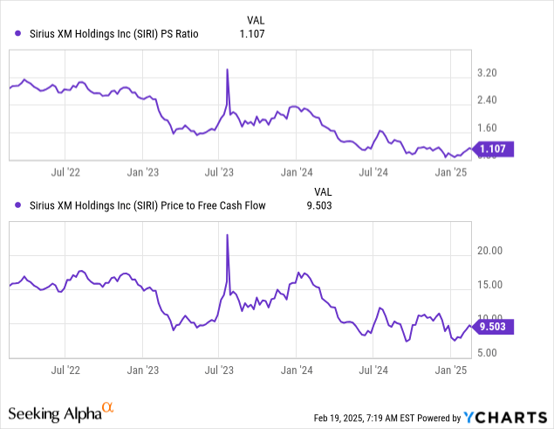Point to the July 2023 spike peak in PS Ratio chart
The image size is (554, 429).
[228, 69]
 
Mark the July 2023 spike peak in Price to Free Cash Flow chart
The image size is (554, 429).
[228, 235]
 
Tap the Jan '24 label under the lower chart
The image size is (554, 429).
[298, 370]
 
